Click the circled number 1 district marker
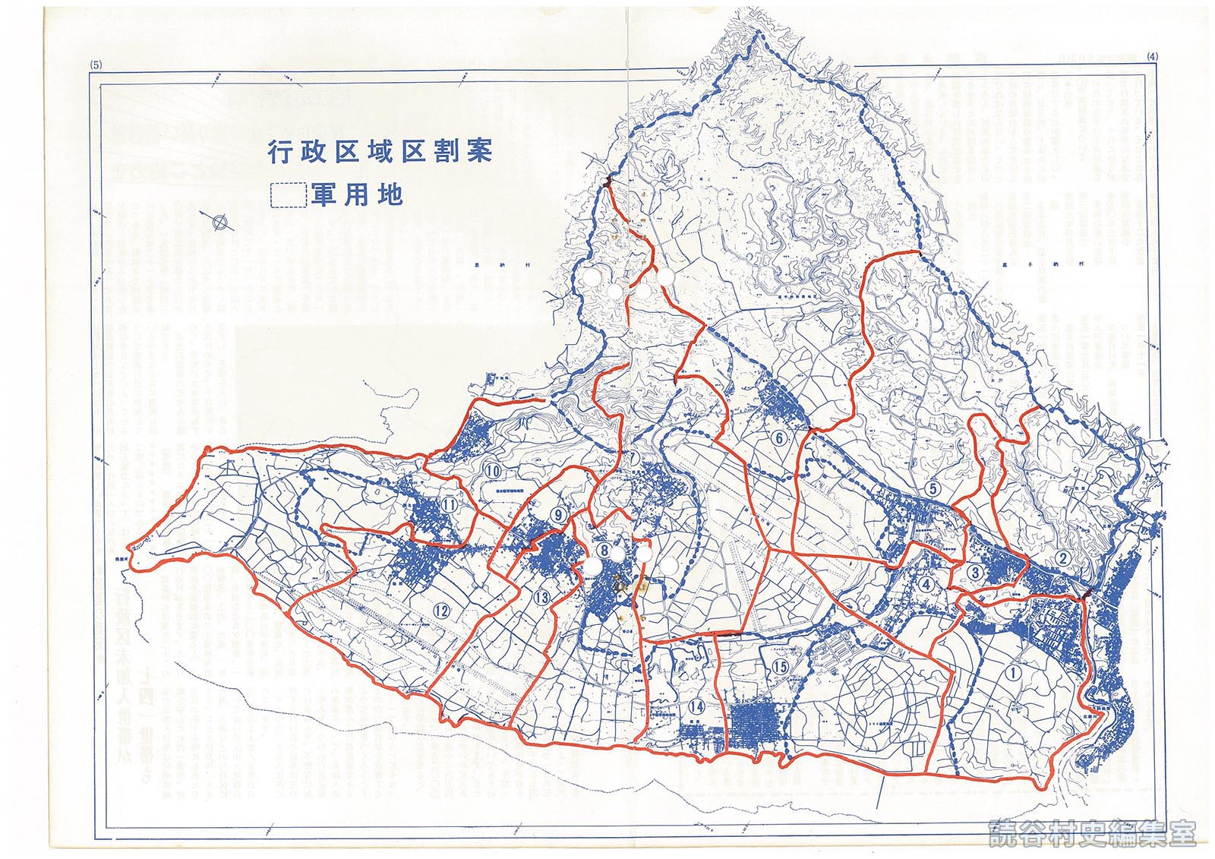point(1012,671)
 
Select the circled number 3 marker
point(977,571)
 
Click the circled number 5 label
point(933,488)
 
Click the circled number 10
point(494,471)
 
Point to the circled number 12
point(441,609)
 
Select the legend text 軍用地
point(355,196)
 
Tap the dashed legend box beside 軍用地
point(288,196)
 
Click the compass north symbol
point(221,222)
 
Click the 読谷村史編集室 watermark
point(1093,833)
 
